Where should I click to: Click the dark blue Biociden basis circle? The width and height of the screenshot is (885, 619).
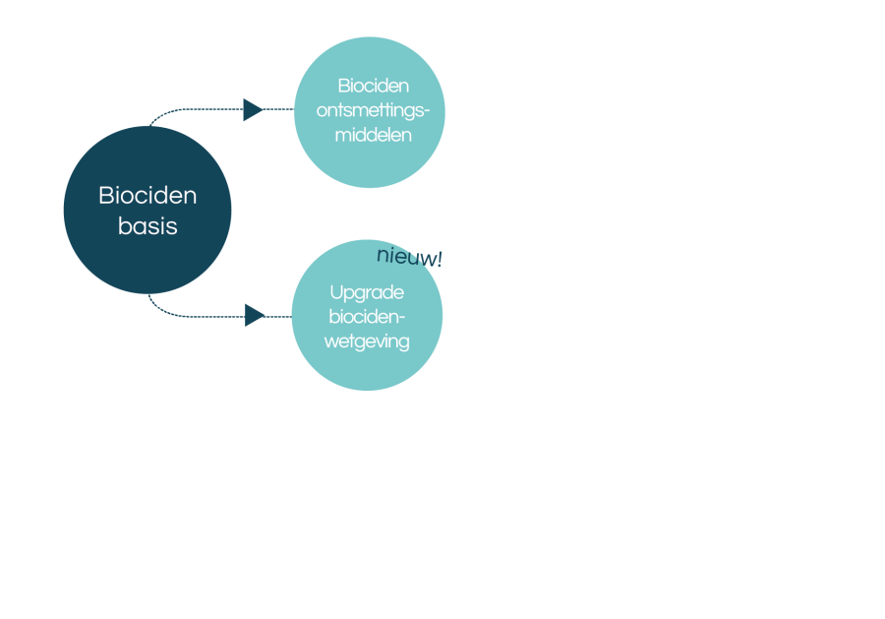147,210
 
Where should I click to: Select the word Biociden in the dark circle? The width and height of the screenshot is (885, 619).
147,196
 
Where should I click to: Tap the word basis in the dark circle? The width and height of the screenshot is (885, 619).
147,226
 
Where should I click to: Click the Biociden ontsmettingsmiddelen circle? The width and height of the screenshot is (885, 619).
370,112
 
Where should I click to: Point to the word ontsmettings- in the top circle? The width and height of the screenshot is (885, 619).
373,110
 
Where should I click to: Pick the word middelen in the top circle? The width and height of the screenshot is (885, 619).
373,135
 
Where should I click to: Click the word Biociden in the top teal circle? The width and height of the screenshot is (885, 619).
373,86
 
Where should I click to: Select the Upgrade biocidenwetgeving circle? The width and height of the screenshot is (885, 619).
367,315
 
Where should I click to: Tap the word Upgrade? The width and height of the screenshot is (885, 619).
367,293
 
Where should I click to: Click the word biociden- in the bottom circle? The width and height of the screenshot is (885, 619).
367,316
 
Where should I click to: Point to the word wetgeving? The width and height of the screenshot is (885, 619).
367,341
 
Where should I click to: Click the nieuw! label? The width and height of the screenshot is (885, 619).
409,257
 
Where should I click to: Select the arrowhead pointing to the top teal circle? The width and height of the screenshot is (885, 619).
254,109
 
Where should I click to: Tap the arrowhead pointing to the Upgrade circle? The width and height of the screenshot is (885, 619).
255,315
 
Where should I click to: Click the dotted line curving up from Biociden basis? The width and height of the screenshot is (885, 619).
214,109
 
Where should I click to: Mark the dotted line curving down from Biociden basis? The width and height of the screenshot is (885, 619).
214,316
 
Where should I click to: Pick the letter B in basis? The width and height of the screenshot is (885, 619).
125,226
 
